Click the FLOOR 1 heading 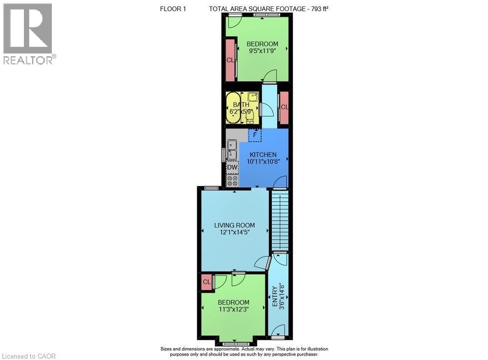click(173, 9)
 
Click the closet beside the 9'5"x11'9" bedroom click(230, 60)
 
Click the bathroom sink click(252, 97)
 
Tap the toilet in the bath click(250, 116)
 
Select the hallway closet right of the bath click(284, 107)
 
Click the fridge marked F click(255, 134)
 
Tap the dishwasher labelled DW click(232, 168)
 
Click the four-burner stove click(232, 181)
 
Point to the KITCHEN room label click(264, 155)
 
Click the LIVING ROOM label click(235, 225)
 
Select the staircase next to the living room click(280, 221)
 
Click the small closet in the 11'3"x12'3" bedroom click(206, 282)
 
